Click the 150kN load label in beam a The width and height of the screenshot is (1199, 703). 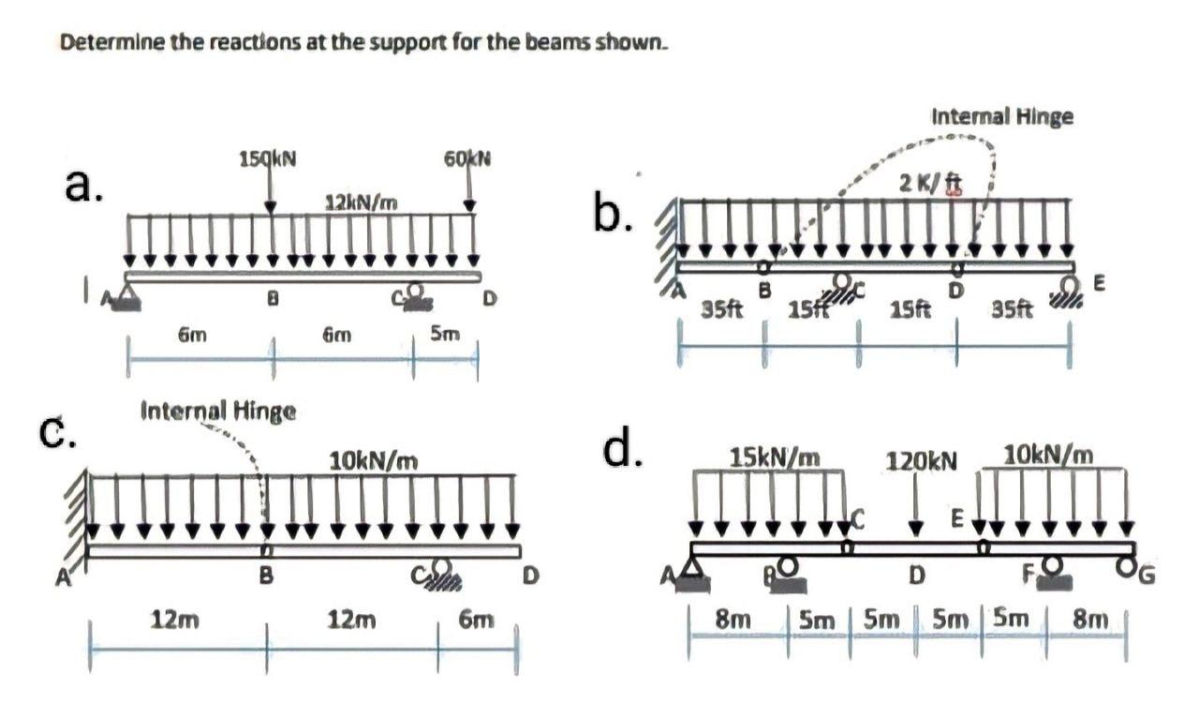click(270, 159)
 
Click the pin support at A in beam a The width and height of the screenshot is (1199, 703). click(126, 299)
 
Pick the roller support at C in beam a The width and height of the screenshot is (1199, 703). click(413, 296)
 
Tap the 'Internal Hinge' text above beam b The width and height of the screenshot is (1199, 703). click(1002, 117)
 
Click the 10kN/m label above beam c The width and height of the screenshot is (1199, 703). click(373, 460)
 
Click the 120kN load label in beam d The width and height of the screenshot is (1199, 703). click(923, 461)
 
